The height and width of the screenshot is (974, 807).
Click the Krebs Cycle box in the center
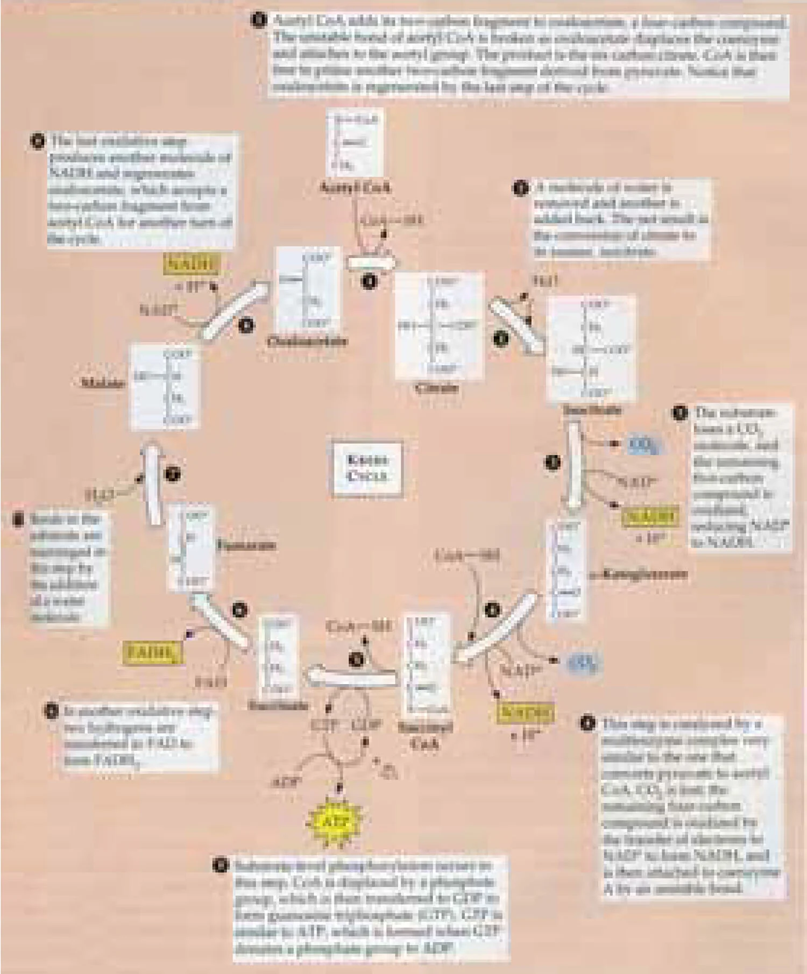(x=367, y=468)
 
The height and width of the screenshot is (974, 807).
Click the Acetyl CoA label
(x=355, y=188)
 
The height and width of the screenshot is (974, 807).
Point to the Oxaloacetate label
(x=307, y=341)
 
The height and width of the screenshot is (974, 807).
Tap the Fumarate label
(x=246, y=545)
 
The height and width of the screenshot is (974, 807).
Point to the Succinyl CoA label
(x=425, y=735)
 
